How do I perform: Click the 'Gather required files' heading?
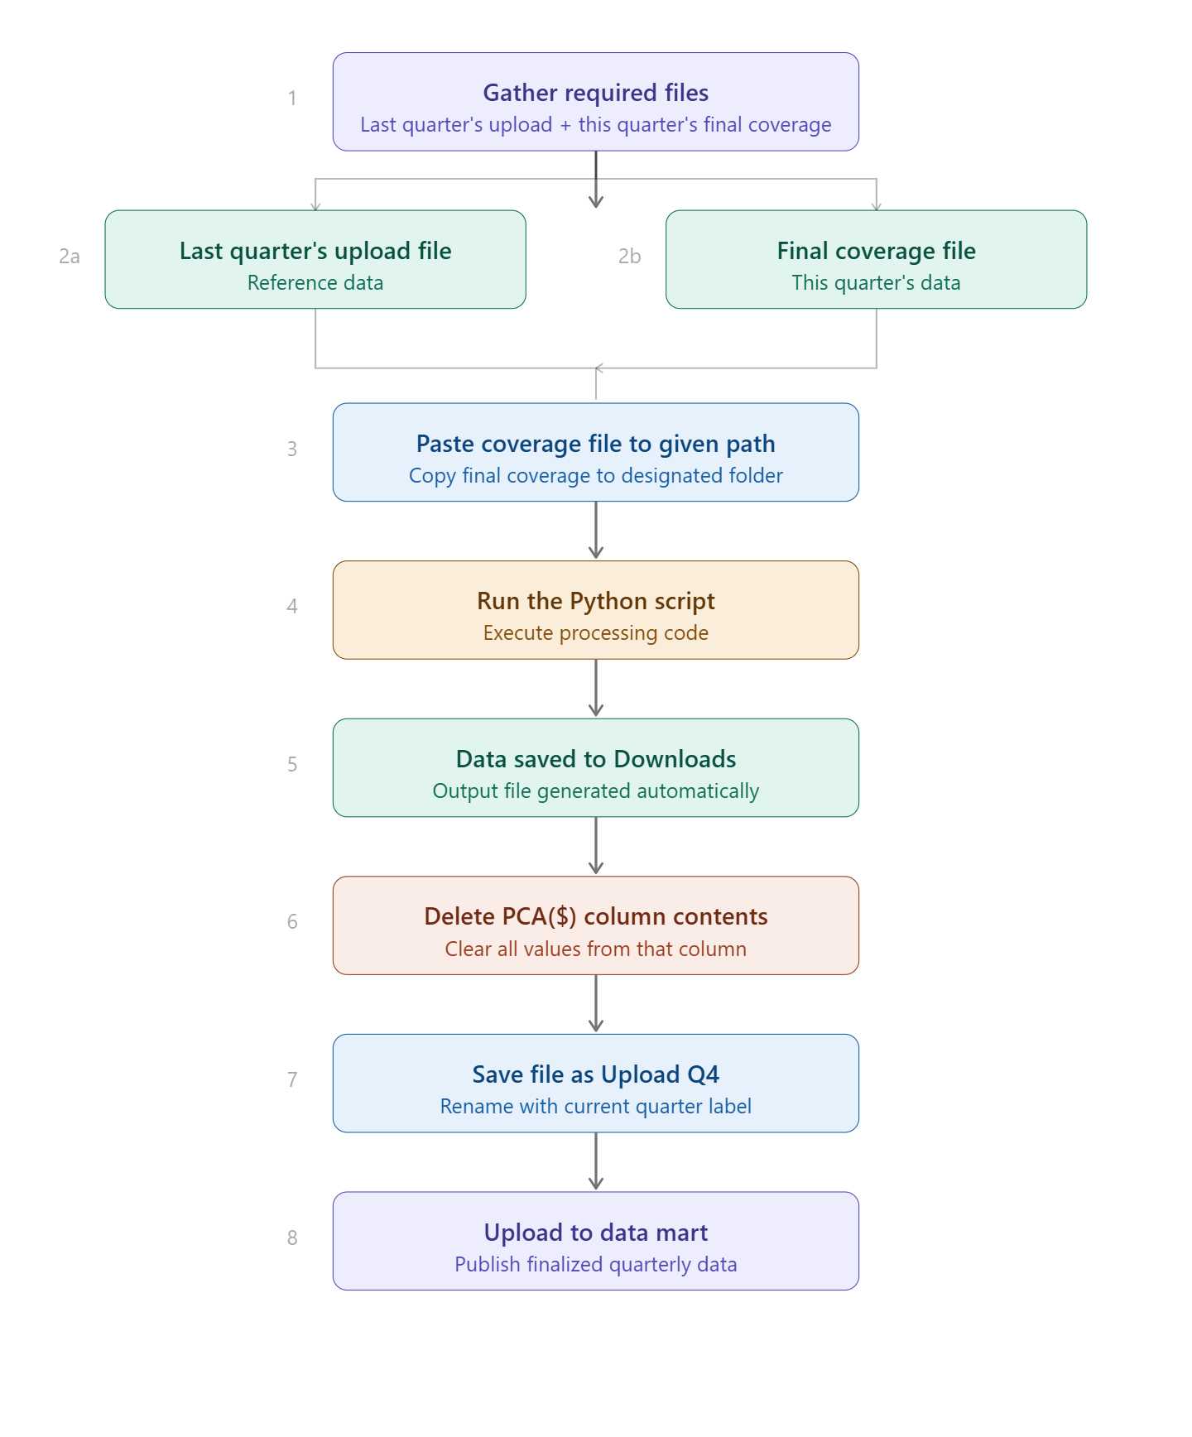(595, 93)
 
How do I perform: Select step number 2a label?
(70, 257)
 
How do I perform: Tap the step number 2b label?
(629, 257)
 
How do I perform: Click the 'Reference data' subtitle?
(315, 283)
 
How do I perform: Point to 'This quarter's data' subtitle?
(876, 283)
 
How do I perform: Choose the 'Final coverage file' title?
(876, 251)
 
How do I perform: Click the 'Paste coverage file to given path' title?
(595, 444)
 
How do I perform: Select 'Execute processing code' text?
(595, 633)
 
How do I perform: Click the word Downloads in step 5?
(675, 759)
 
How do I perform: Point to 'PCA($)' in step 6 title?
(539, 916)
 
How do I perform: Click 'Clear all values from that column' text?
(595, 949)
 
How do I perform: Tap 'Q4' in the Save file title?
(703, 1074)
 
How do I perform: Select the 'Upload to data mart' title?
(595, 1233)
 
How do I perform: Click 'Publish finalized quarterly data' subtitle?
(595, 1265)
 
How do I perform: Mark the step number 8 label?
(292, 1238)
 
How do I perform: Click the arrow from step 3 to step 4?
(595, 531)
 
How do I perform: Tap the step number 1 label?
(292, 99)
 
